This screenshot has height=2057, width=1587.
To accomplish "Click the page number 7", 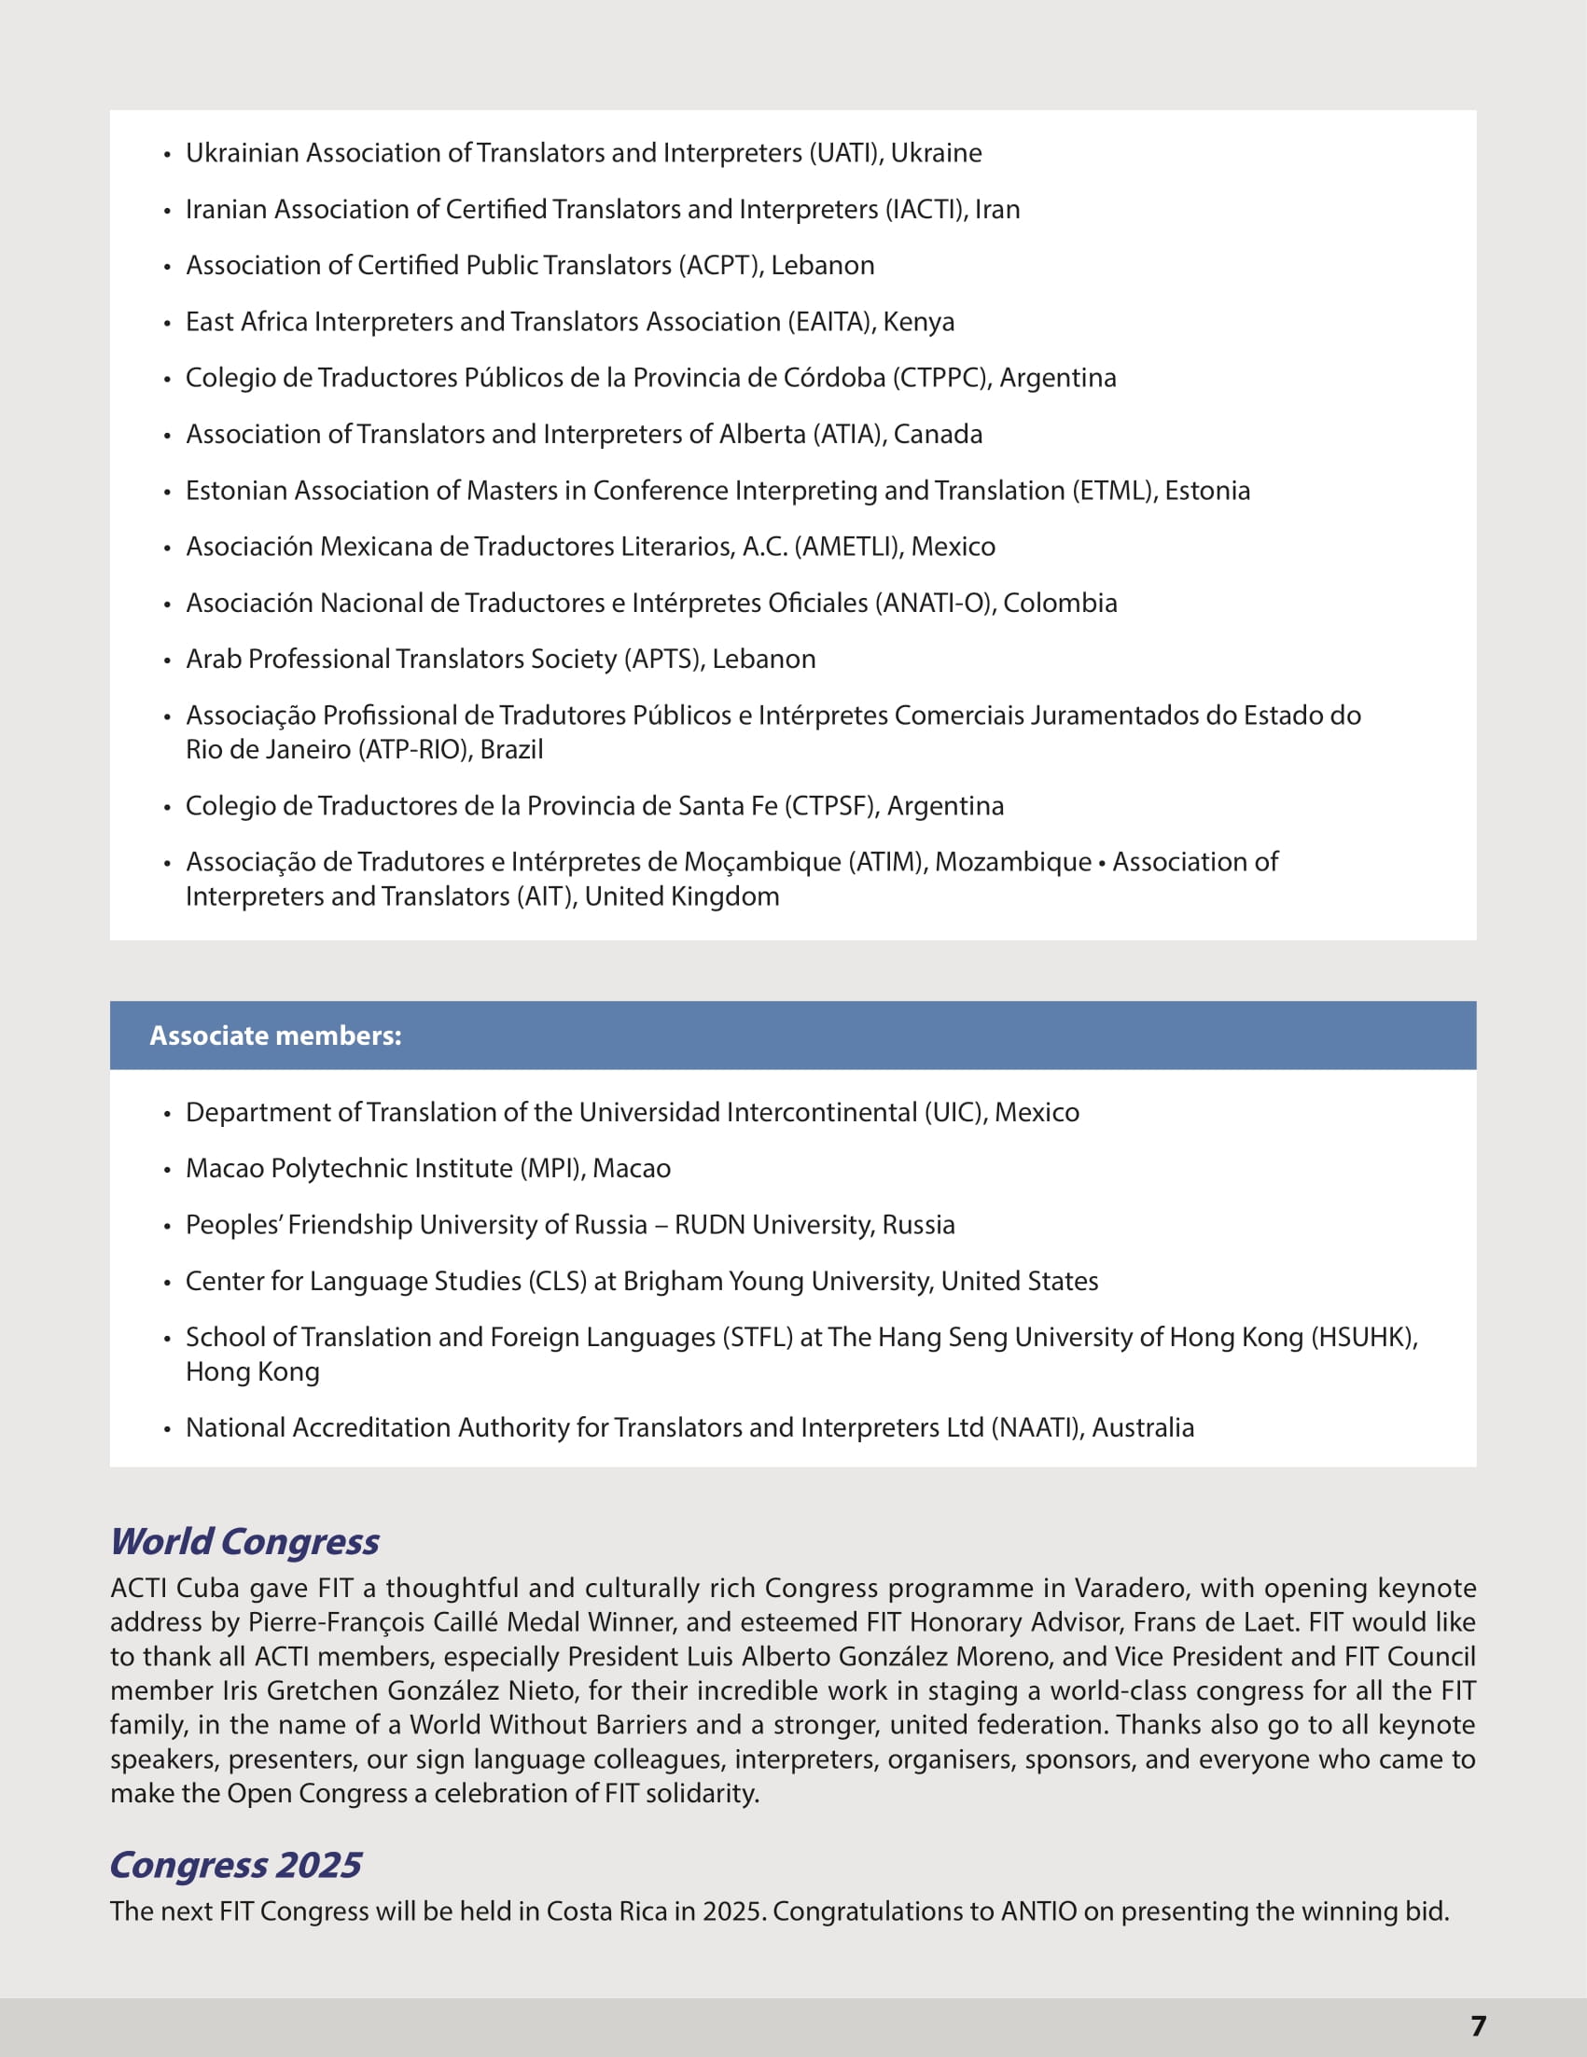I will [1478, 2025].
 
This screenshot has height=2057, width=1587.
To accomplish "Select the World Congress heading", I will [244, 1542].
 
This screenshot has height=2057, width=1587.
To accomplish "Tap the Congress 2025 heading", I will [235, 1865].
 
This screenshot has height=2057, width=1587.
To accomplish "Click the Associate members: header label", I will [275, 1035].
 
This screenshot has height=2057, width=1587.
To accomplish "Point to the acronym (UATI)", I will [845, 153].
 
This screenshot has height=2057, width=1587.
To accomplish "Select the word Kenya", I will [918, 322].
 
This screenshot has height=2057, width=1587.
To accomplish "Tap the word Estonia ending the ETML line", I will [1207, 491].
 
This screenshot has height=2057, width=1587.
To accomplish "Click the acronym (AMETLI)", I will [849, 547].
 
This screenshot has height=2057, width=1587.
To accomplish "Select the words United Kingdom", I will [682, 896].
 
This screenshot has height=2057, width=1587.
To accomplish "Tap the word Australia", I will [1143, 1428].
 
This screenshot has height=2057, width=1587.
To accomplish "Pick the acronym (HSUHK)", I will [1362, 1338].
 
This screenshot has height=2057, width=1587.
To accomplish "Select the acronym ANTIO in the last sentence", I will [1037, 1912].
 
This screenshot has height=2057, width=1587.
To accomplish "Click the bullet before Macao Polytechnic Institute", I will [168, 1171].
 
